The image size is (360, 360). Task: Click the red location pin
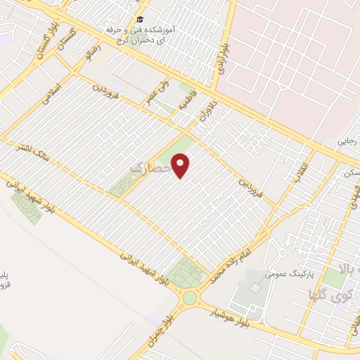pos(182,166)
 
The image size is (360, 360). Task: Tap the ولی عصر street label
pos(156,93)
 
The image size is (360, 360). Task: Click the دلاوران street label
pos(209,112)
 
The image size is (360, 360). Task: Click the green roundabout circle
pos(189,298)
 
